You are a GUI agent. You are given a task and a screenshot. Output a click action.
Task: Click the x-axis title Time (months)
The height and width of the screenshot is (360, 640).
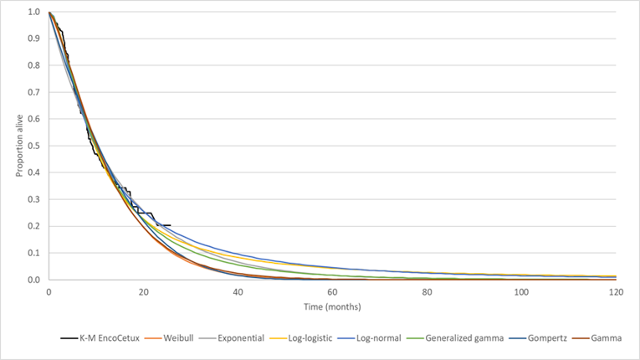point(332,308)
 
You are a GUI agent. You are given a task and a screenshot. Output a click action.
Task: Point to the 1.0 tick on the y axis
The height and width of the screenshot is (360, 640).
point(33,13)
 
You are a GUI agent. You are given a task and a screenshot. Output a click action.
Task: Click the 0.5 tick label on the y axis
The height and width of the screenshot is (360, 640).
point(33,146)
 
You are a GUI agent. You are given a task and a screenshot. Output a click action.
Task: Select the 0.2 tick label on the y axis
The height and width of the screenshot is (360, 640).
point(33,226)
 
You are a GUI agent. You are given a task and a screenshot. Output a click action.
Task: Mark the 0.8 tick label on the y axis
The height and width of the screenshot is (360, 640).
point(33,66)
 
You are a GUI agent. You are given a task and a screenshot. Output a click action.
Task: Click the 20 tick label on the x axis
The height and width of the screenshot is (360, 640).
point(143,292)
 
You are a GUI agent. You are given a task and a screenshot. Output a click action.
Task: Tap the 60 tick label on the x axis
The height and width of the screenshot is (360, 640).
point(332,292)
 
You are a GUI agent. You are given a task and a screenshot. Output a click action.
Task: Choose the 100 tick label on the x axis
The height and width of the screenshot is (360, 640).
point(521,292)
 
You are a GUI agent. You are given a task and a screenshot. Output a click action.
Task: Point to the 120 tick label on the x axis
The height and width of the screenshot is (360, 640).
point(616,292)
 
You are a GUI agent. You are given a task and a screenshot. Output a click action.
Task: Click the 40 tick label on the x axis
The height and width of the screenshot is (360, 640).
point(238,292)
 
